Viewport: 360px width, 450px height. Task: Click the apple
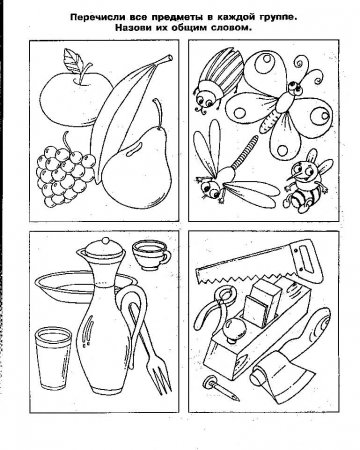click(x=72, y=99)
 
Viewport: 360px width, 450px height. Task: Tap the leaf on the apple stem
click(x=74, y=60)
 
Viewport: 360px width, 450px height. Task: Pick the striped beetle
click(x=218, y=80)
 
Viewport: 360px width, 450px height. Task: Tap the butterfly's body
click(x=279, y=106)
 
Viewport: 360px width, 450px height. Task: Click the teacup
click(x=150, y=255)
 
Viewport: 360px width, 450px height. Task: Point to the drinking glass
click(x=53, y=358)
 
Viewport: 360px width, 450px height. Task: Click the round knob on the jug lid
click(x=106, y=241)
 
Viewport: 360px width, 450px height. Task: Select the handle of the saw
click(x=306, y=261)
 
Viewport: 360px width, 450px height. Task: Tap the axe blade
click(x=282, y=374)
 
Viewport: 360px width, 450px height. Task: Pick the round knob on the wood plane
click(x=235, y=327)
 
